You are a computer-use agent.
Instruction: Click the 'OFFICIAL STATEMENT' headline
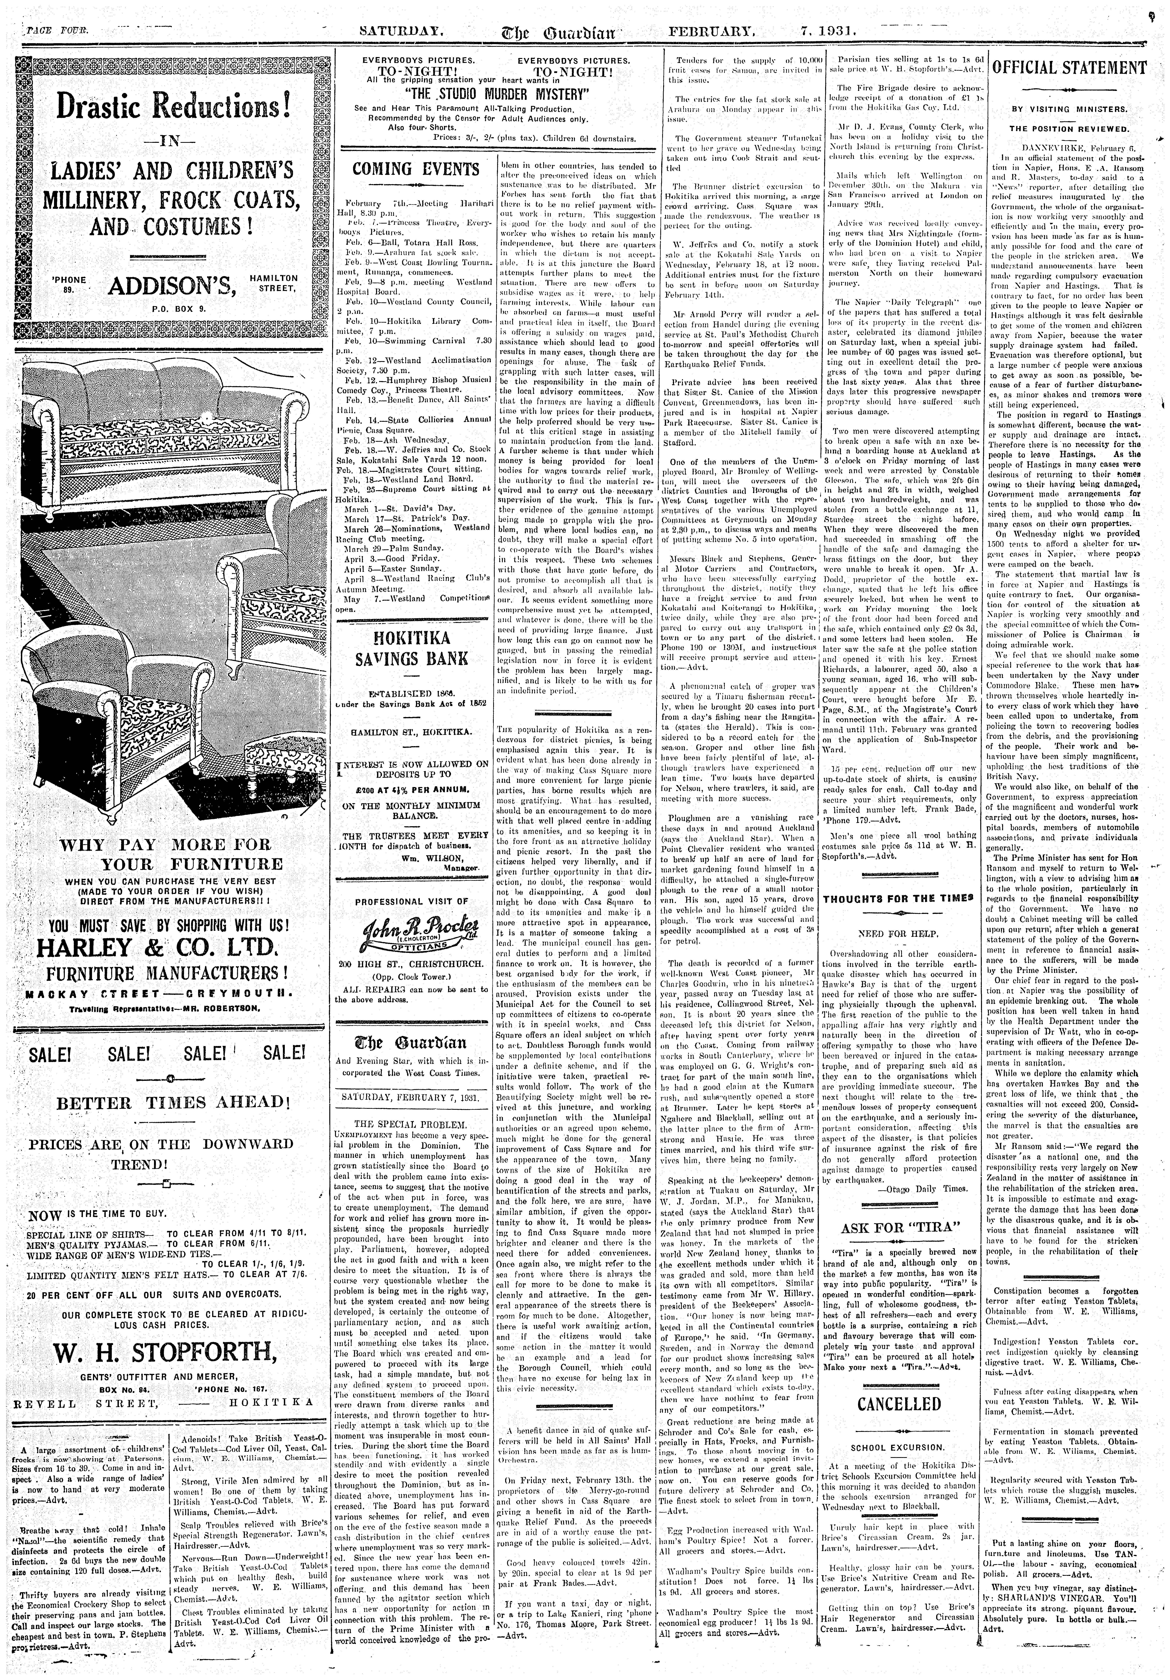[x=1068, y=68]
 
